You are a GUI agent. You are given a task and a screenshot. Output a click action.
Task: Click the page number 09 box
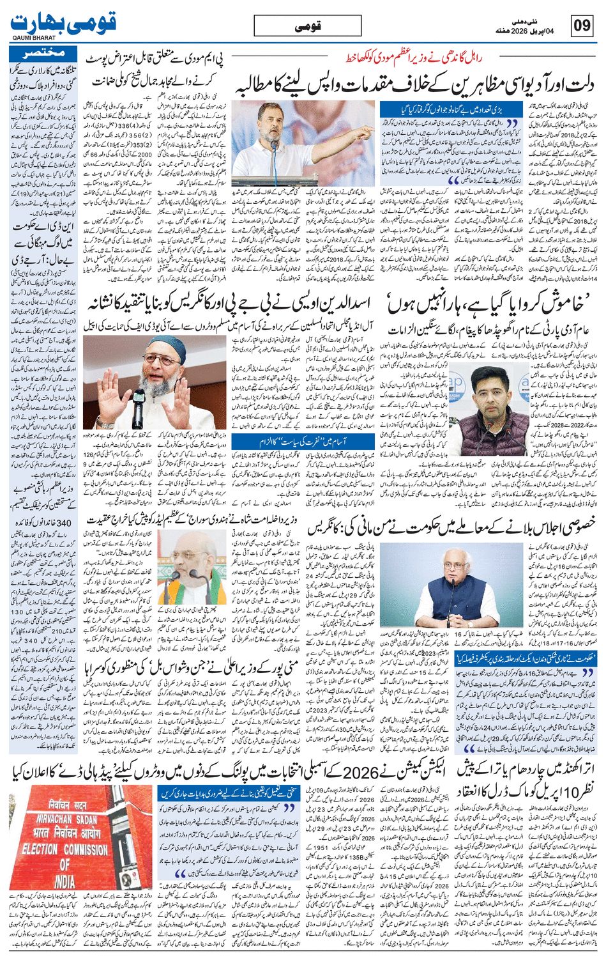[x=582, y=26]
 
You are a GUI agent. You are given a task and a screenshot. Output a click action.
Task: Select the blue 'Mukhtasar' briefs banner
[x=44, y=54]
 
